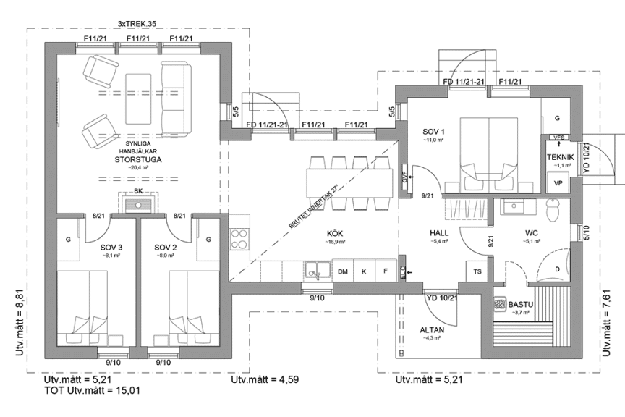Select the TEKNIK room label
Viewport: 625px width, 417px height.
(559, 156)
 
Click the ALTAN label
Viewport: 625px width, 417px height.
(432, 329)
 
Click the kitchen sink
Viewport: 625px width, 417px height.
(315, 271)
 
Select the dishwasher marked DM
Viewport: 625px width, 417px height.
(344, 271)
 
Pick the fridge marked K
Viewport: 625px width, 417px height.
(365, 271)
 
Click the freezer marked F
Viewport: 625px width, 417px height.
(386, 271)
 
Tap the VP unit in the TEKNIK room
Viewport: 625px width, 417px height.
(558, 183)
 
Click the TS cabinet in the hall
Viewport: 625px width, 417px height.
(477, 271)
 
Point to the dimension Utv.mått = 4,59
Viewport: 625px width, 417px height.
(260, 379)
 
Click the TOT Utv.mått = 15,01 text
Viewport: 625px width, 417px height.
(81, 391)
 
